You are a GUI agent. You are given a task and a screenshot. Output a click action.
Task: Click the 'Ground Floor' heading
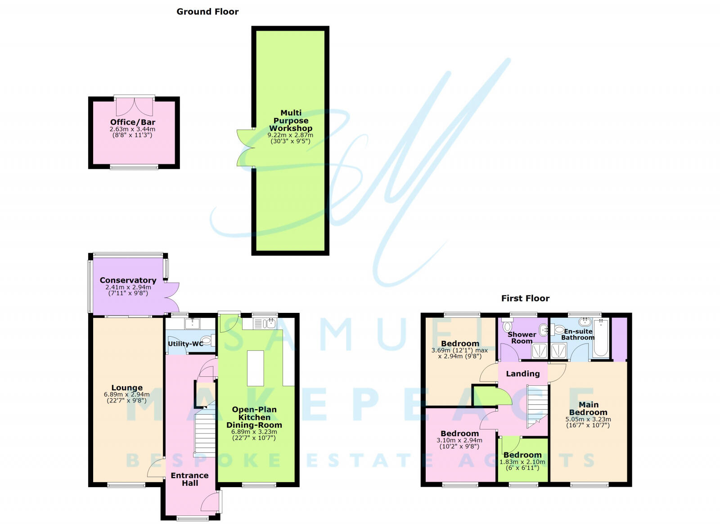[x=207, y=12]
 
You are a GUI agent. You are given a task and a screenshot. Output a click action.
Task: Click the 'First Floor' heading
[x=525, y=298]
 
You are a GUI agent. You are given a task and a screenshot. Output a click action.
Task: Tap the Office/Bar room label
[x=133, y=122]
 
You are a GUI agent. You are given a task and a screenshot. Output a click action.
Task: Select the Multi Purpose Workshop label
[x=291, y=121]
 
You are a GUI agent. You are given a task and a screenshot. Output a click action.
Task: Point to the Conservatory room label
[x=128, y=280]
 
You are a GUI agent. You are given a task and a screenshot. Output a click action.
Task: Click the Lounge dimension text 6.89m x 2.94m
[x=127, y=394]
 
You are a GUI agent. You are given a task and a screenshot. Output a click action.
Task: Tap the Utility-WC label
[x=185, y=344]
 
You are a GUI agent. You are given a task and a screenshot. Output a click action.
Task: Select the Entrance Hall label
[x=189, y=479]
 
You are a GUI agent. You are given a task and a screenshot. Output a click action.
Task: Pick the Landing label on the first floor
[x=522, y=374]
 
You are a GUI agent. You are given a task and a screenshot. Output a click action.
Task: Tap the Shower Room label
[x=522, y=338]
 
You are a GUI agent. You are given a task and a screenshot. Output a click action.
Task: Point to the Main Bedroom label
[x=588, y=408]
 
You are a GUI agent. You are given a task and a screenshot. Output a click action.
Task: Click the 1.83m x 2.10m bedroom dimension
[x=522, y=462]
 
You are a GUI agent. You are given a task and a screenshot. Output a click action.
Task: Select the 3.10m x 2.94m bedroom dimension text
[x=459, y=440]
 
